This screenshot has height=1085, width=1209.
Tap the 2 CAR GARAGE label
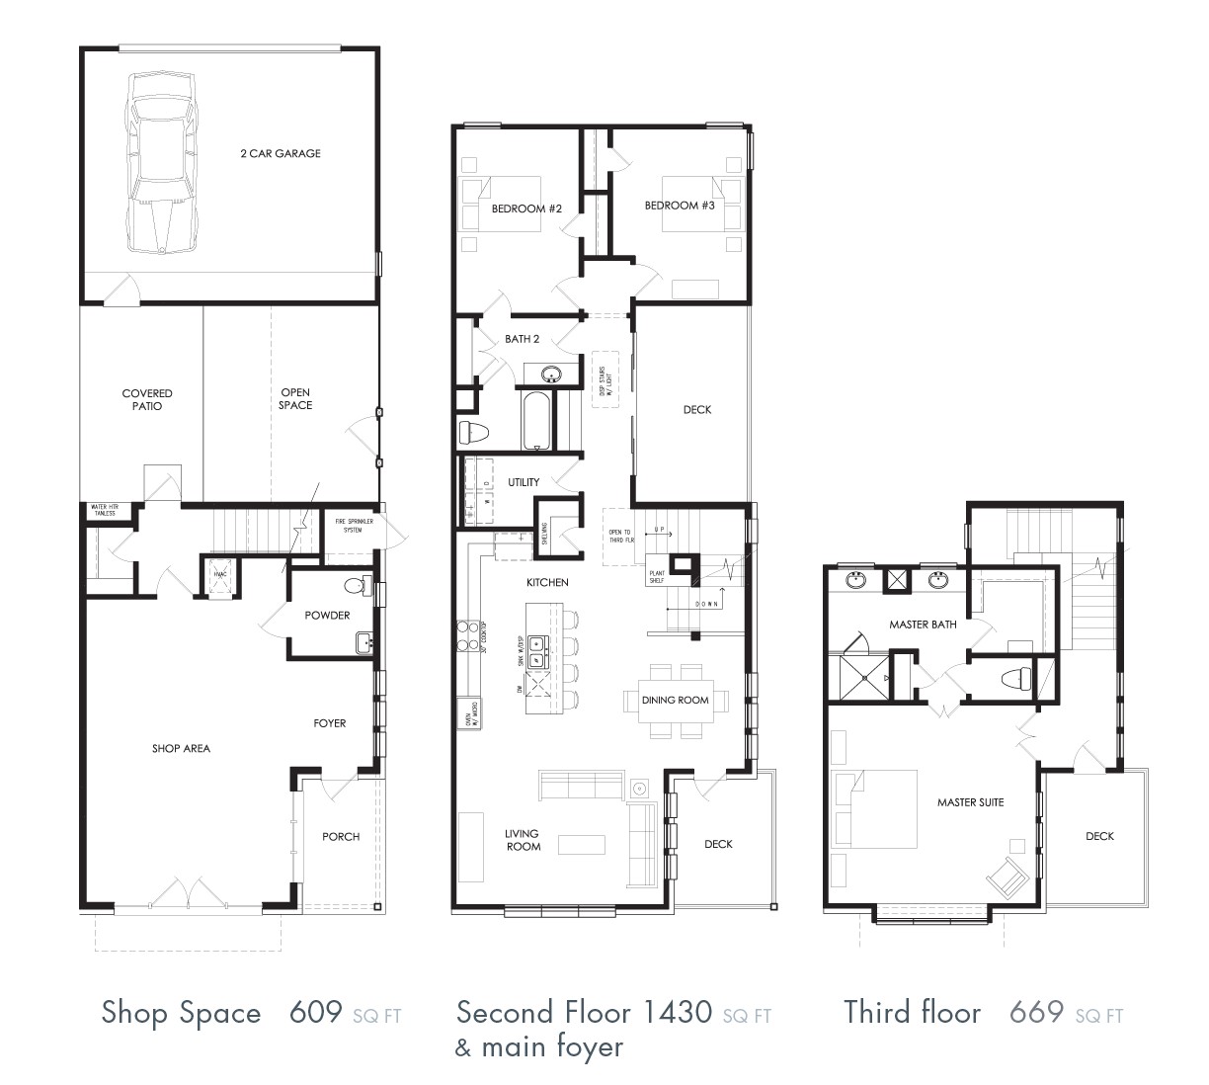281,153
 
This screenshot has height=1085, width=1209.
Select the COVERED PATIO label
147,399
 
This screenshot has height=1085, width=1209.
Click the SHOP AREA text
181,748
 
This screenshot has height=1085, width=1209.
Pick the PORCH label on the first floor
341,836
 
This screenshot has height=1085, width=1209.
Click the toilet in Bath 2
473,433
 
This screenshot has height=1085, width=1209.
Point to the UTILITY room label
524,482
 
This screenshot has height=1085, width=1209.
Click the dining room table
676,701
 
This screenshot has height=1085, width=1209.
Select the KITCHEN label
547,583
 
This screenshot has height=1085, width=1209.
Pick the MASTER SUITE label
970,802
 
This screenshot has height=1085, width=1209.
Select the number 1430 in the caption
677,1012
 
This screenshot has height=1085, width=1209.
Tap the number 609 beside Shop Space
316,1012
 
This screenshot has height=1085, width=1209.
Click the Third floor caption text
912,1012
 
